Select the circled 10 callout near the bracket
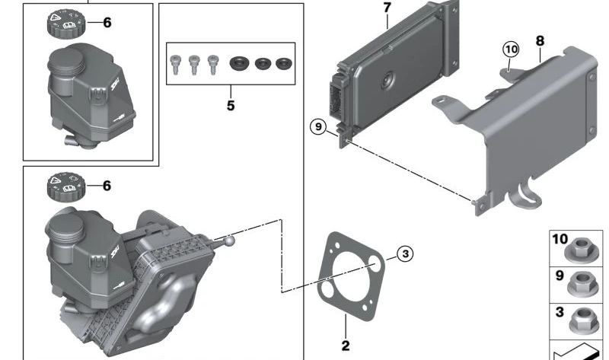[510, 49]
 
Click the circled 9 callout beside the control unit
[318, 126]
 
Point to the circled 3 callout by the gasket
[405, 253]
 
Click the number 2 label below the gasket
[346, 346]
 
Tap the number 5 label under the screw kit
[231, 105]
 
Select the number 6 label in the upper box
[107, 23]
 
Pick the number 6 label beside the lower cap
[107, 185]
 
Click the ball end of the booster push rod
[229, 241]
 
